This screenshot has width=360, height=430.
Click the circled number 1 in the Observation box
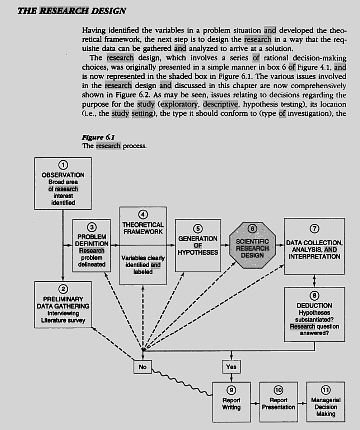[x=63, y=166]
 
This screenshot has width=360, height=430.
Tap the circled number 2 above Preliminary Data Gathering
[x=63, y=288]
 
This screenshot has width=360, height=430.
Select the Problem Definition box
[x=92, y=247]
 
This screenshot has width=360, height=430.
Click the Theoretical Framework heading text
[x=143, y=228]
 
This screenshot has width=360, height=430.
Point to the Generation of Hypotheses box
[x=198, y=245]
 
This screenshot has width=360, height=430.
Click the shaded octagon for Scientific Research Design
[x=252, y=245]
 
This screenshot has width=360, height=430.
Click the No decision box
[x=142, y=367]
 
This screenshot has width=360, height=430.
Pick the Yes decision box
[x=231, y=367]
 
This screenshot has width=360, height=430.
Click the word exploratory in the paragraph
[x=180, y=105]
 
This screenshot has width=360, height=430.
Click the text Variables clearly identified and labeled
[x=143, y=265]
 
